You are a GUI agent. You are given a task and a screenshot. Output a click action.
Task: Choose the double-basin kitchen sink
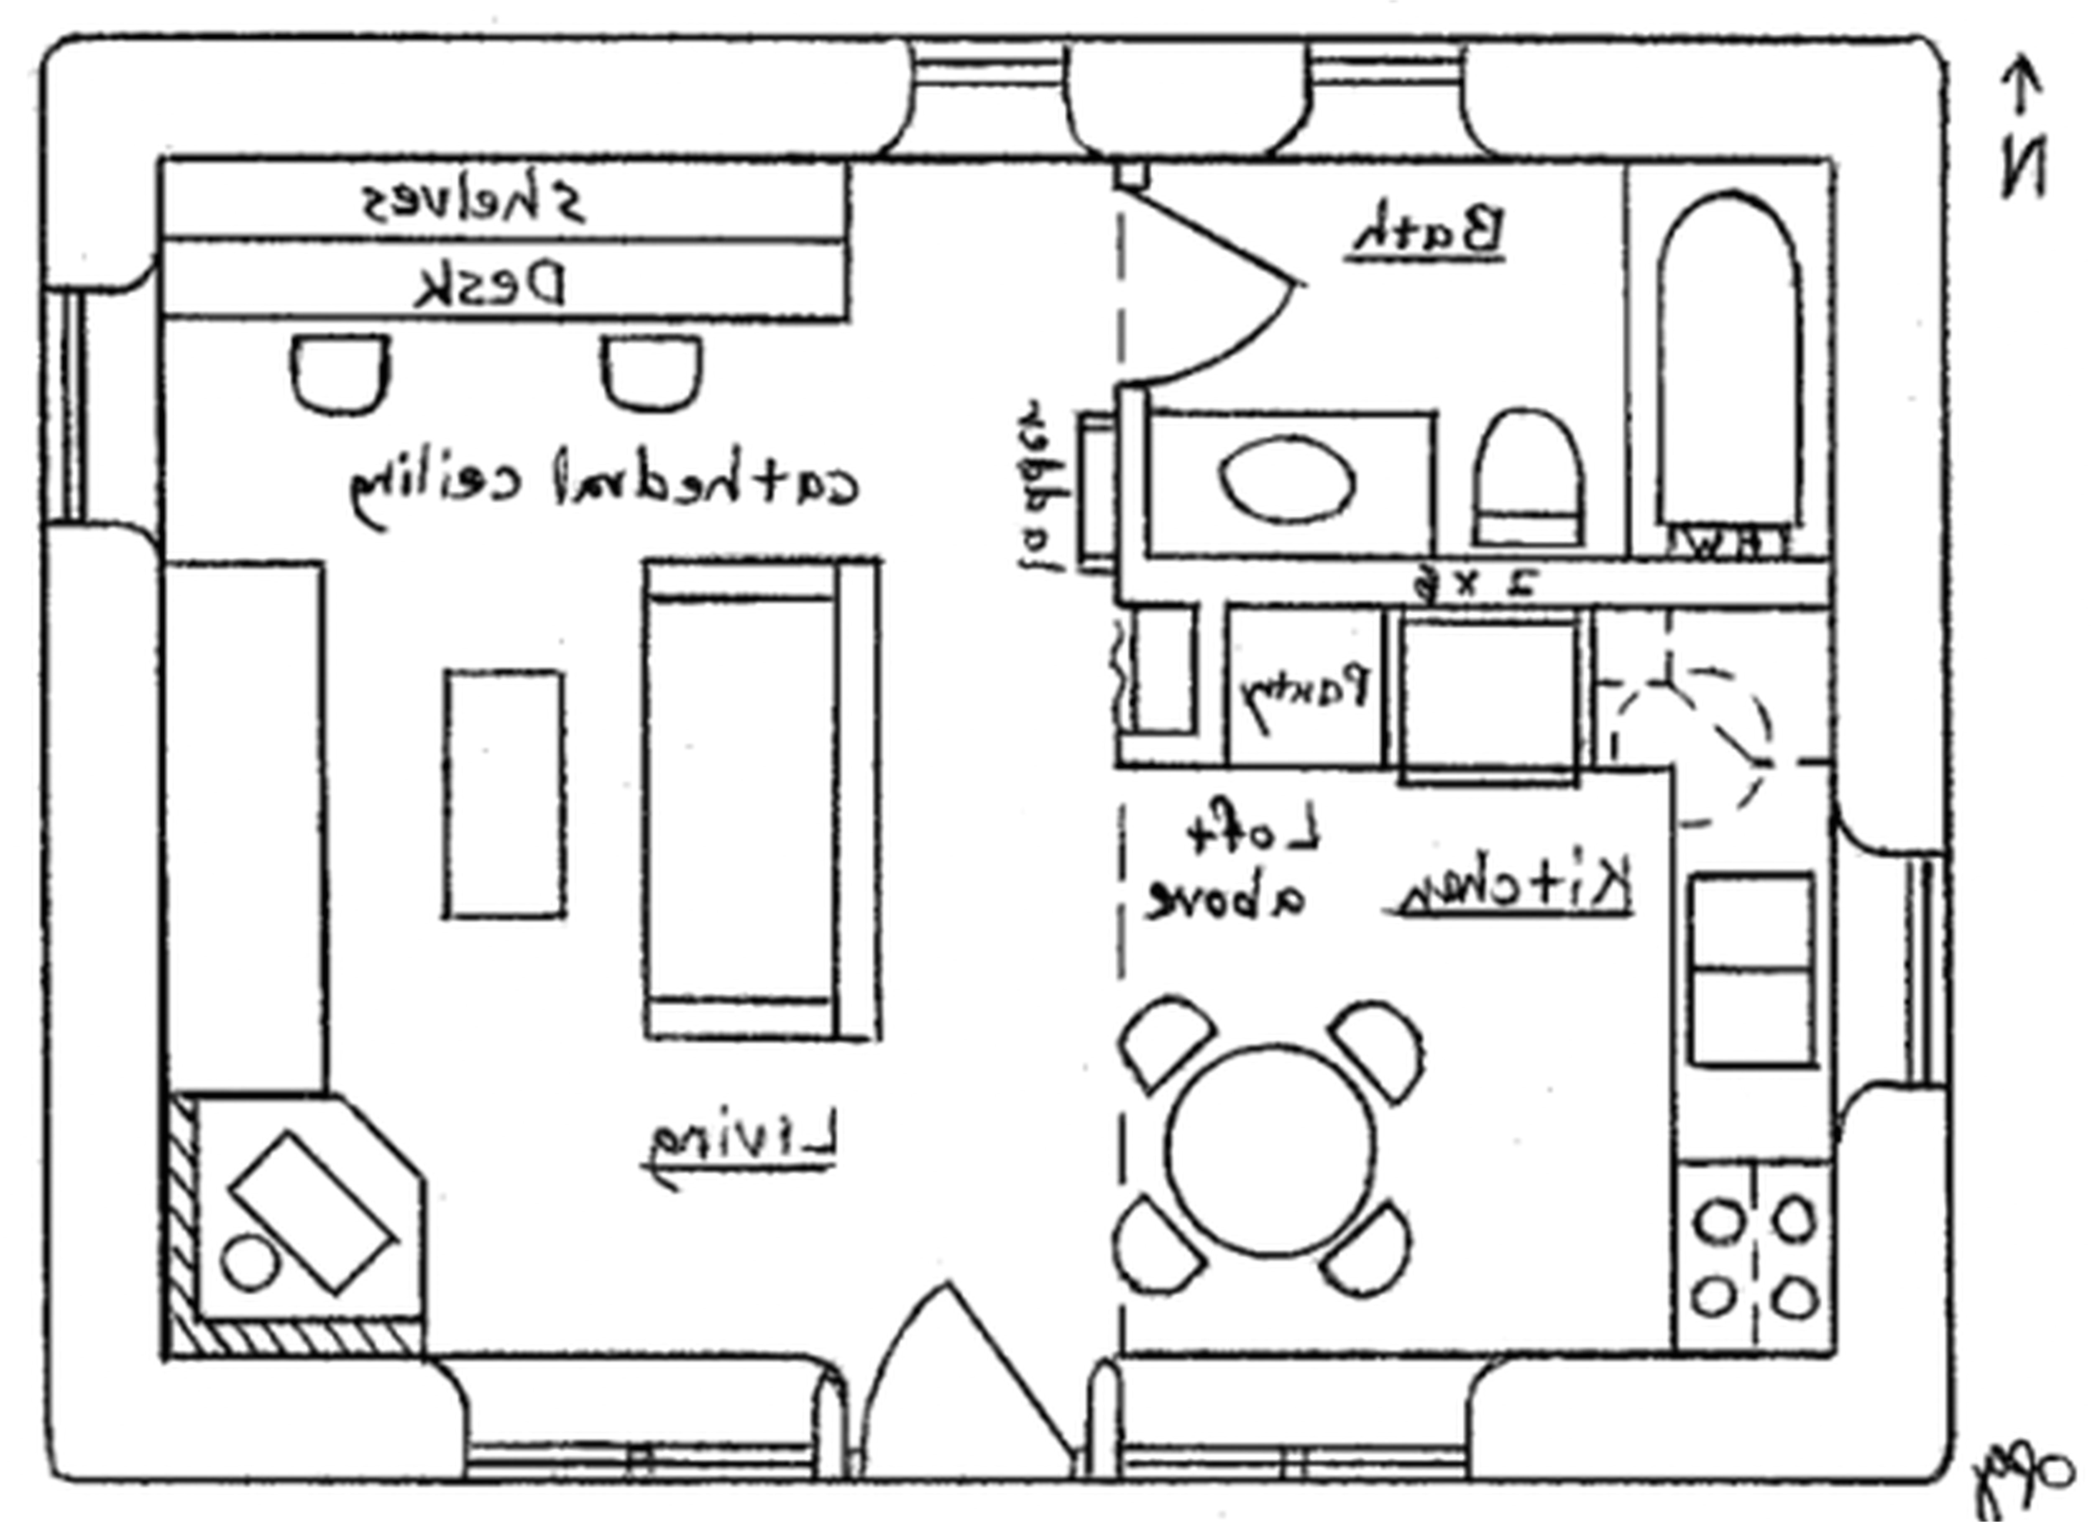[x=1752, y=970]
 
